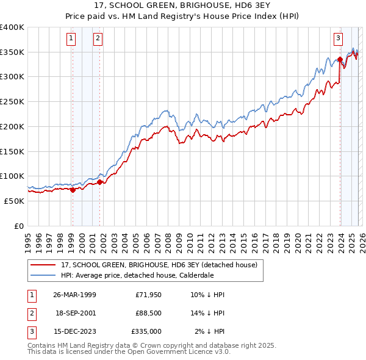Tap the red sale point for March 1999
73,190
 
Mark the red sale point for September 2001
99,182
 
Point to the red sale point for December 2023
339,59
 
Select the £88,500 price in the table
148,313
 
